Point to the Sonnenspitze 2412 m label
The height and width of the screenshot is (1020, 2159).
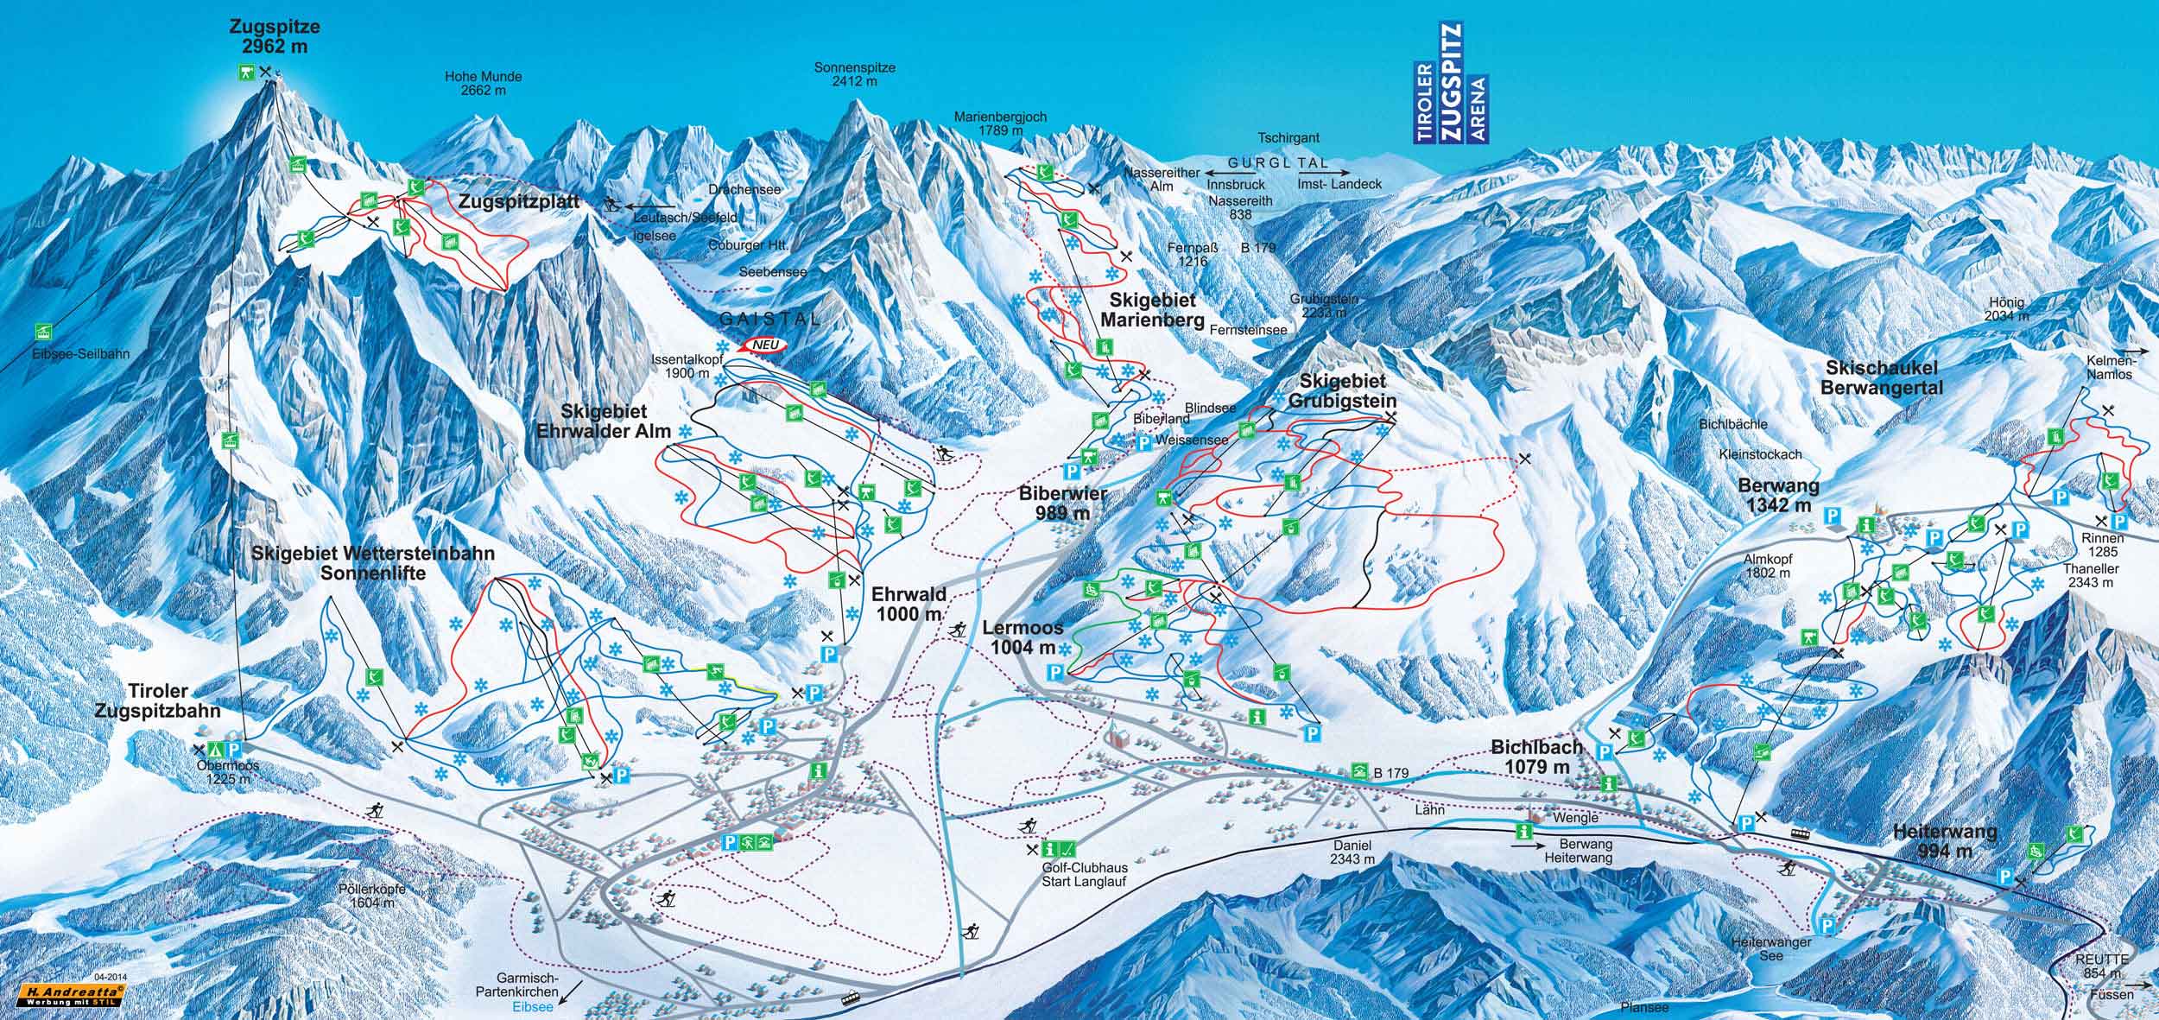(854, 73)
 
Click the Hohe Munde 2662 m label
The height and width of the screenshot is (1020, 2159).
(483, 83)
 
